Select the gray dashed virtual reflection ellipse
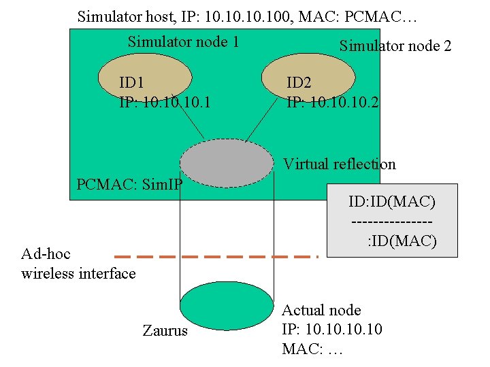point(226,162)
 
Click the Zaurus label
point(165,332)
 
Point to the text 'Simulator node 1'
point(183,42)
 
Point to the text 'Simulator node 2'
point(395,46)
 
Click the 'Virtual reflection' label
point(339,164)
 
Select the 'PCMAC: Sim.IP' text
point(129,184)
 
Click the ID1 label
point(131,84)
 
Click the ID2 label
point(299,84)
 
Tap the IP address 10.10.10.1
point(165,103)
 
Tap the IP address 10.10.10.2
point(333,103)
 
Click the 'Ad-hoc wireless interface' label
point(78,264)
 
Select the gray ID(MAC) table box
point(392,220)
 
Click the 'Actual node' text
point(321,311)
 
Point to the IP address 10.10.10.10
point(332,330)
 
